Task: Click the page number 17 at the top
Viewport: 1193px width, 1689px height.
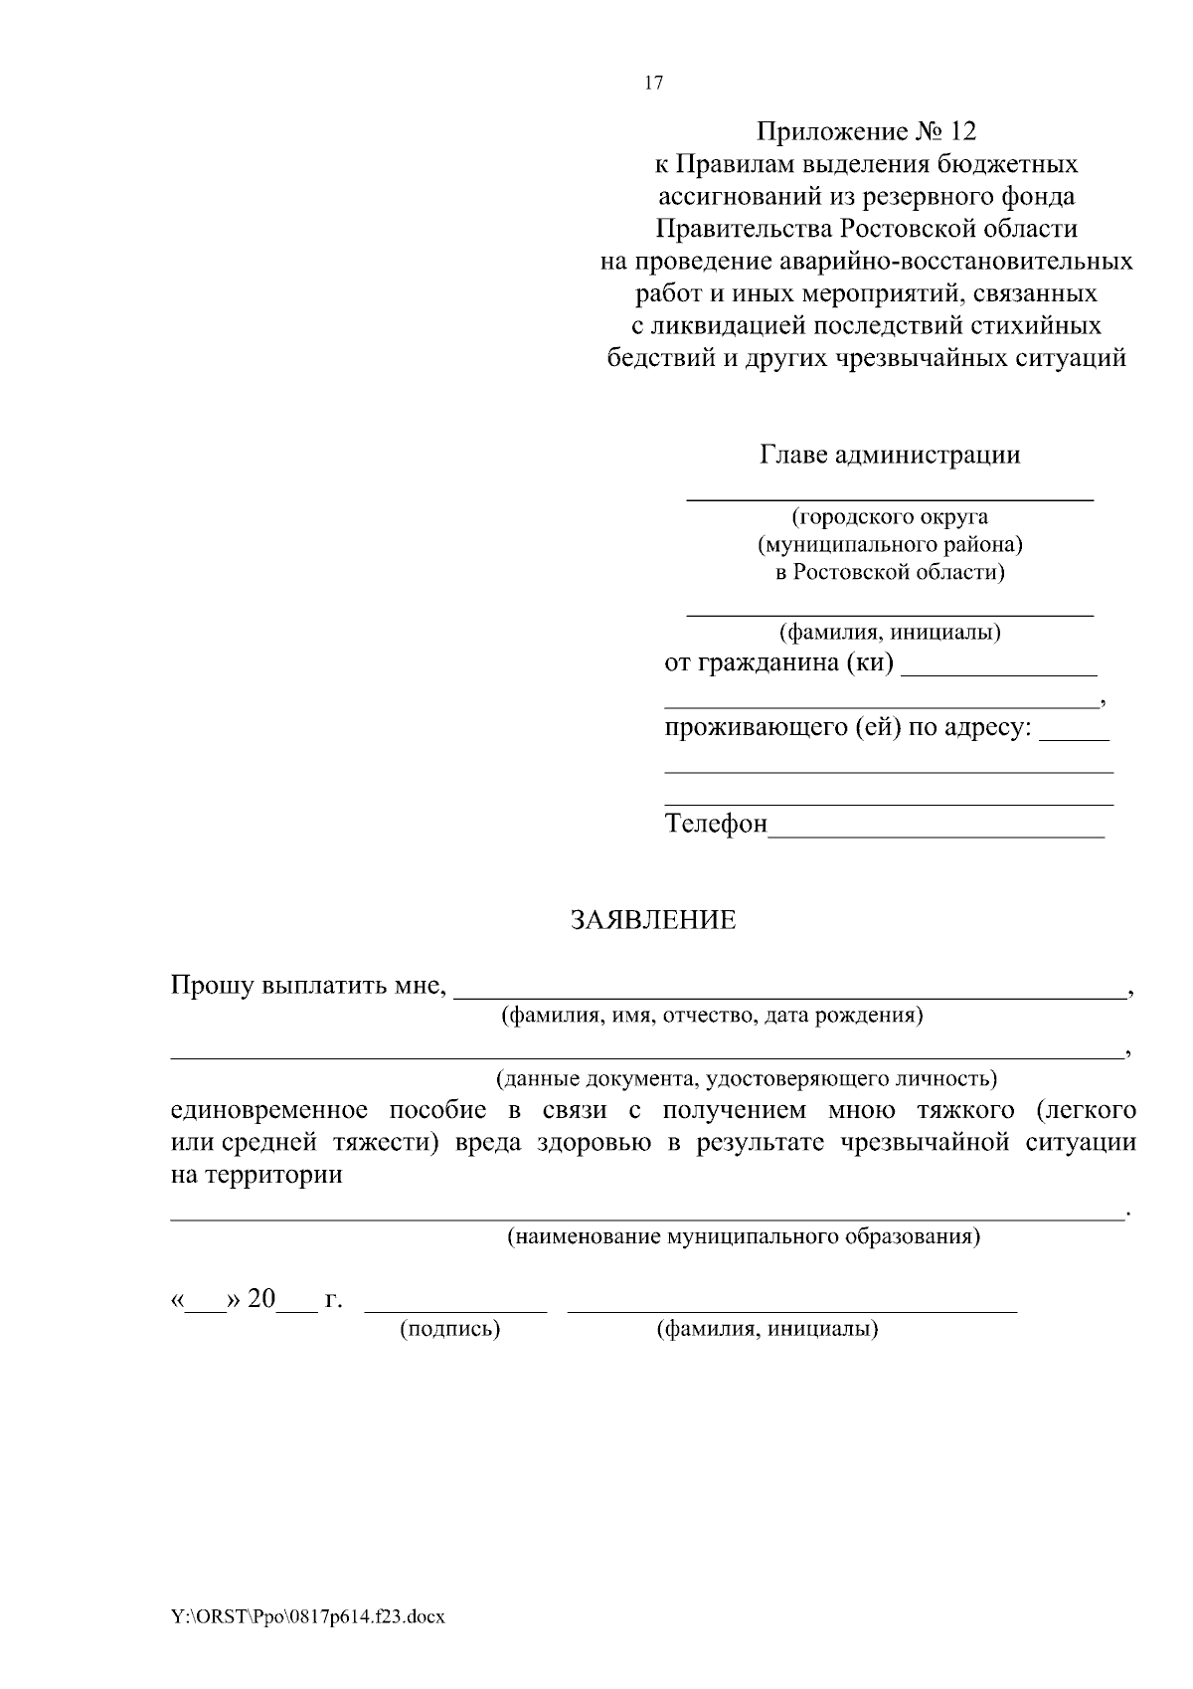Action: point(653,84)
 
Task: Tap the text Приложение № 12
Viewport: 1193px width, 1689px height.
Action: point(867,131)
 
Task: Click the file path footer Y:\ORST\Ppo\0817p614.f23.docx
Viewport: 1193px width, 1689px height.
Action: point(307,1616)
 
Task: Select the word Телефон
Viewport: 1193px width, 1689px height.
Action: point(716,825)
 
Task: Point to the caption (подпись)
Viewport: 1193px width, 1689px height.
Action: point(449,1330)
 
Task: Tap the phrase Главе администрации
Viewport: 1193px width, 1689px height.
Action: point(890,456)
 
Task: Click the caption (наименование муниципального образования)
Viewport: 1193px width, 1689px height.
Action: point(744,1237)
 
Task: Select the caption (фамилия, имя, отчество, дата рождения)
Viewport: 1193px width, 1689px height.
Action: point(712,1016)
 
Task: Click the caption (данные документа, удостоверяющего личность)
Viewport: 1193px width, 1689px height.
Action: point(746,1078)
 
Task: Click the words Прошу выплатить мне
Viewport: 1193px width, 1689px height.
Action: point(306,986)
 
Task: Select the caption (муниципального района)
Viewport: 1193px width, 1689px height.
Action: point(890,545)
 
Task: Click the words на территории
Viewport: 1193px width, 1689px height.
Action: point(256,1175)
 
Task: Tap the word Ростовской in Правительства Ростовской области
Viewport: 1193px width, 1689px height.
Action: point(904,229)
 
